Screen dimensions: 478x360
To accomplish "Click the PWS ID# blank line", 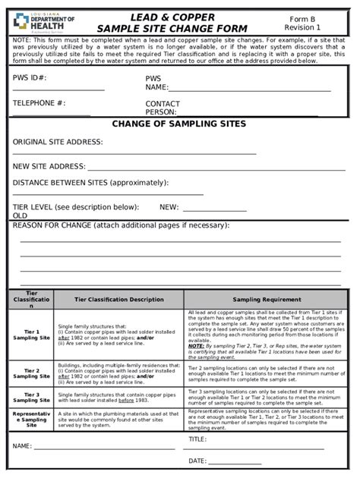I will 58,91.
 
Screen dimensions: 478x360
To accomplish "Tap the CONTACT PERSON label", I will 163,109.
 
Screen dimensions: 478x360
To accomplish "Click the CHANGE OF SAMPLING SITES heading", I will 179,124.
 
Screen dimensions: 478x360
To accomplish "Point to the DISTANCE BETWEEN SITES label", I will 90,184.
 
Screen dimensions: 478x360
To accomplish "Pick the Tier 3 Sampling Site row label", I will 32,399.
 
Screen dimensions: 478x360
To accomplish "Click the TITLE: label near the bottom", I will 197,439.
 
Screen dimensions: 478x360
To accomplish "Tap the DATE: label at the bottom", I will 197,461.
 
